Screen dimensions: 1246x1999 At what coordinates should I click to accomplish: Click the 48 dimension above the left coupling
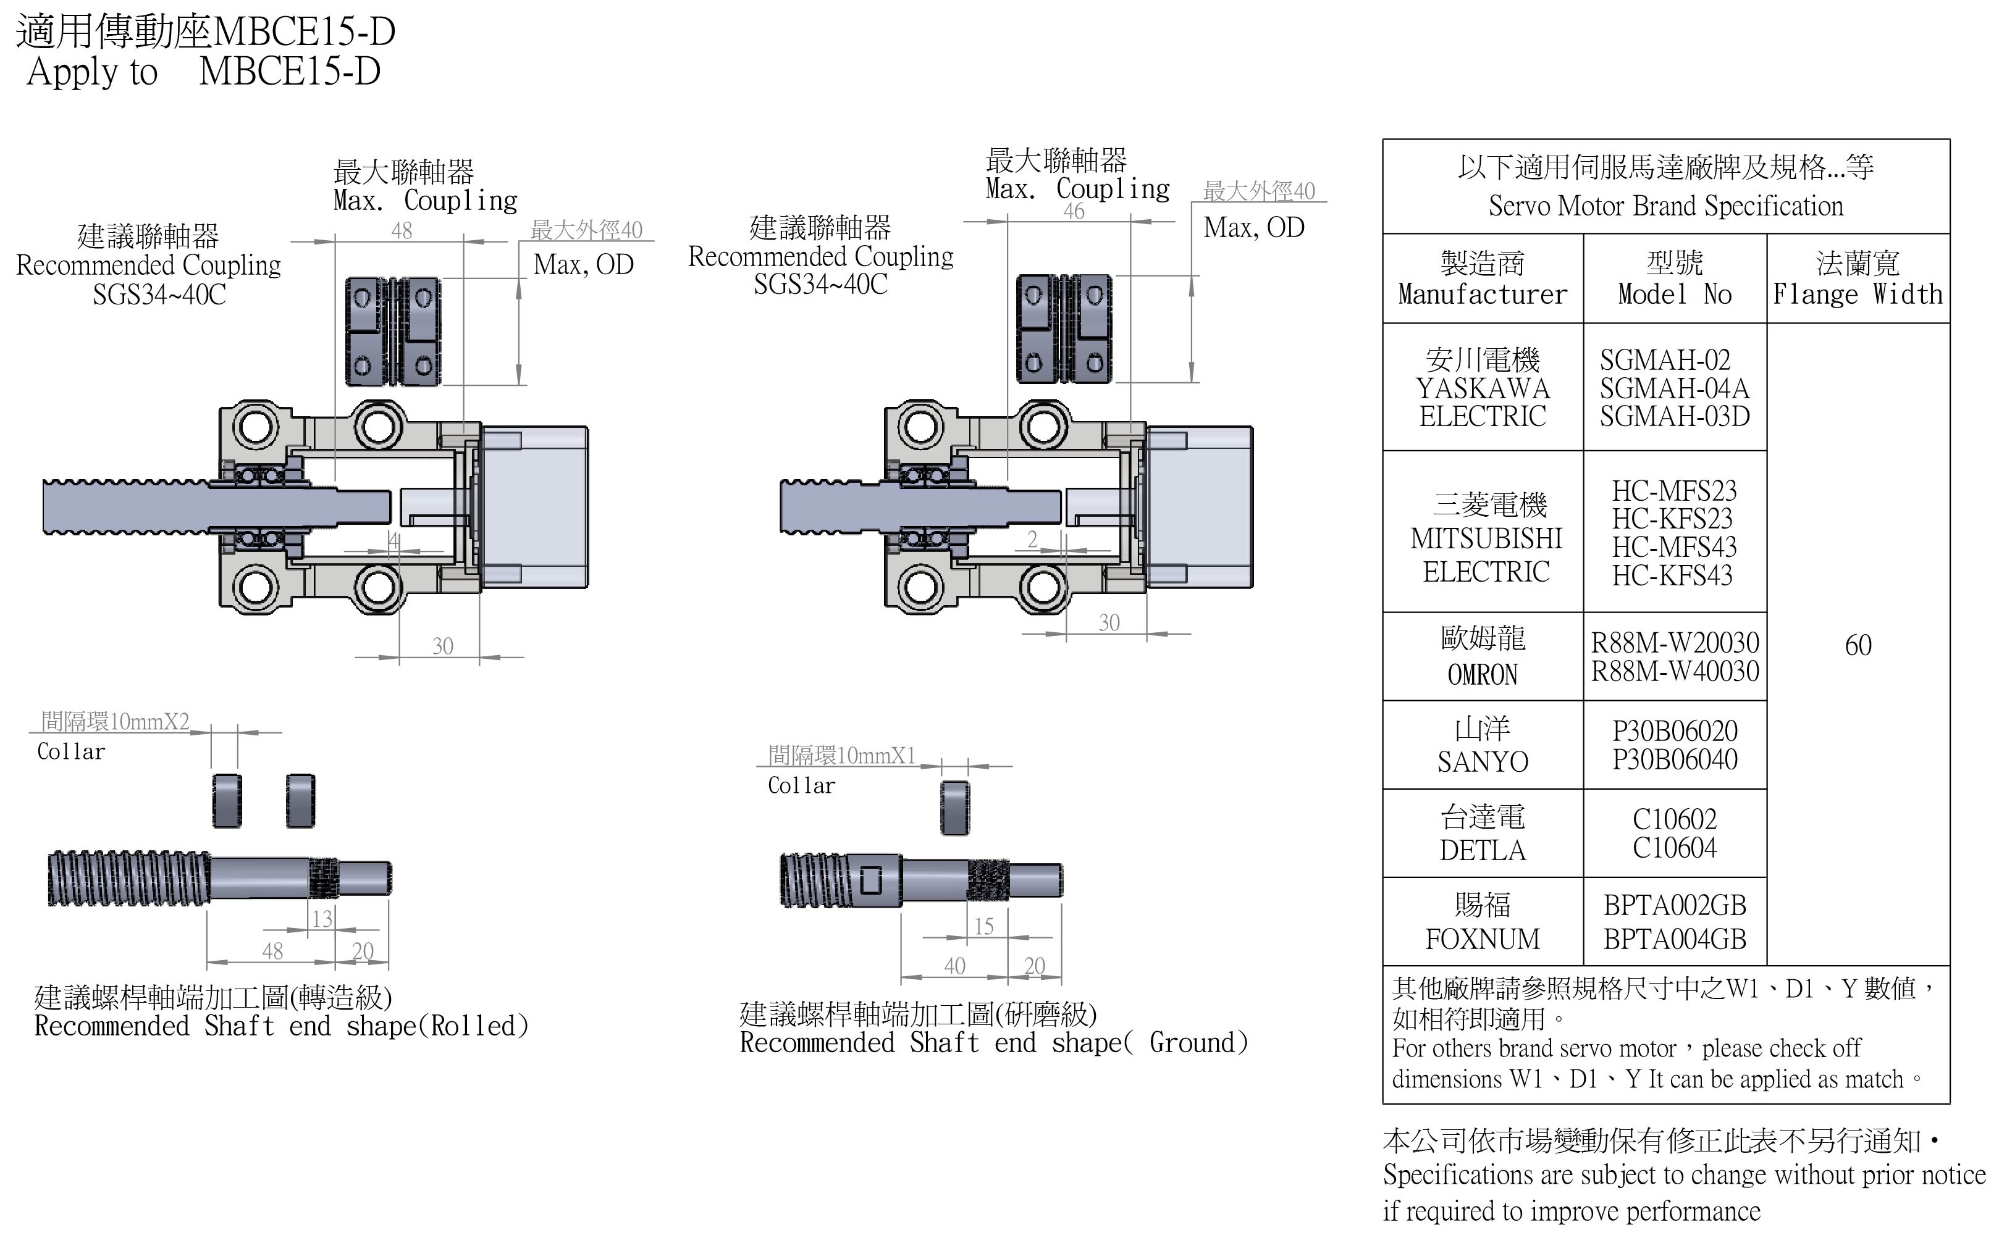pyautogui.click(x=402, y=231)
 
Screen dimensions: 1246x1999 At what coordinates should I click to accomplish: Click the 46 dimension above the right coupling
pyautogui.click(x=1073, y=211)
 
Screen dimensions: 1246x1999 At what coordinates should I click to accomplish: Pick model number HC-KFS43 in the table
pyautogui.click(x=1673, y=575)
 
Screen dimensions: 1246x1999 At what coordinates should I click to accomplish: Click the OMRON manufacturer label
pyautogui.click(x=1482, y=675)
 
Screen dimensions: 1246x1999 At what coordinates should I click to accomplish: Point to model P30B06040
pyautogui.click(x=1674, y=759)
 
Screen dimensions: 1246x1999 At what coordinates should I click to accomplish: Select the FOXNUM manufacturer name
pyautogui.click(x=1482, y=939)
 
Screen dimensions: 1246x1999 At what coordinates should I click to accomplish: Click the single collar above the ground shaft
pyautogui.click(x=954, y=808)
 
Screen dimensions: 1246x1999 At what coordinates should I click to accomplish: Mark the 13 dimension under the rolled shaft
pyautogui.click(x=321, y=919)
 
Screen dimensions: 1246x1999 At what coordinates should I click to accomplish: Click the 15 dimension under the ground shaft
pyautogui.click(x=983, y=926)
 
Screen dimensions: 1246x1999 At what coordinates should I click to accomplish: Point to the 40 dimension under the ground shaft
pyautogui.click(x=954, y=965)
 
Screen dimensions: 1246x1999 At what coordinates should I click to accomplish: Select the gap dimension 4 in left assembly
pyautogui.click(x=394, y=541)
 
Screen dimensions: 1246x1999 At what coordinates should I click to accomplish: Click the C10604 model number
pyautogui.click(x=1674, y=848)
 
